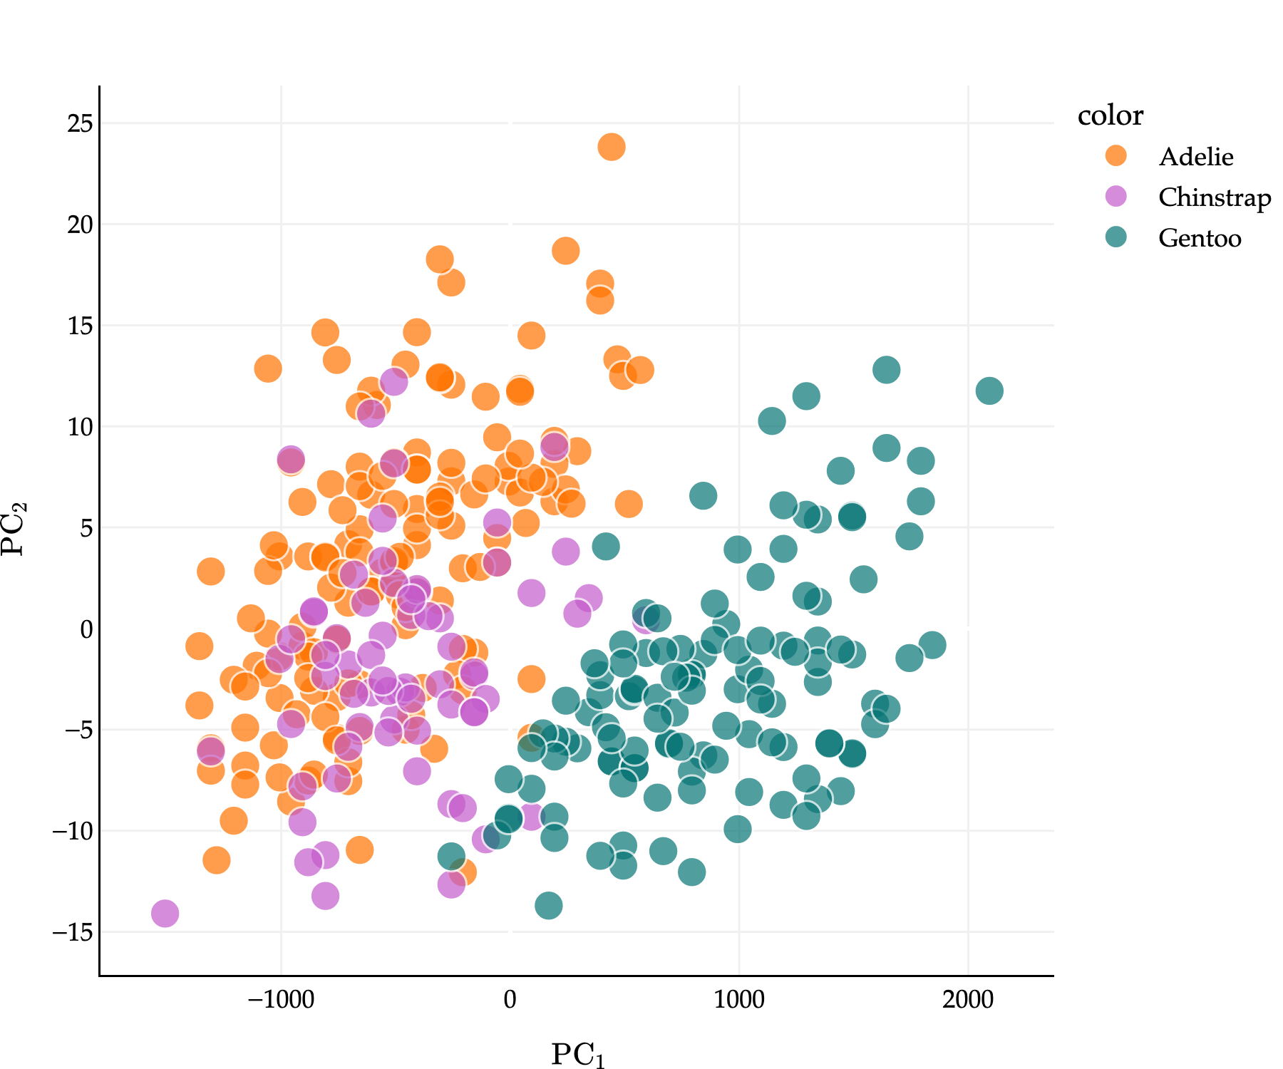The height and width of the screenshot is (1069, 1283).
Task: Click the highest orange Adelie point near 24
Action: pyautogui.click(x=612, y=147)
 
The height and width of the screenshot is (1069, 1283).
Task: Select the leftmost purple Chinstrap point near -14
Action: pyautogui.click(x=165, y=913)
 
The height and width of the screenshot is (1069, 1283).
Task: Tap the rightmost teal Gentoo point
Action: pyautogui.click(x=989, y=391)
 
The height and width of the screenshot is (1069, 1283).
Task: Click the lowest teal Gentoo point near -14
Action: pyautogui.click(x=548, y=906)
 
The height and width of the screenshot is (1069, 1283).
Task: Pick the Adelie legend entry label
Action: pyautogui.click(x=1195, y=157)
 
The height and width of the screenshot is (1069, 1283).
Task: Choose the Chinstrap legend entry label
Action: pyautogui.click(x=1214, y=197)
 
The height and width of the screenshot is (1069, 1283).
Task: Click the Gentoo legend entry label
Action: pyautogui.click(x=1200, y=238)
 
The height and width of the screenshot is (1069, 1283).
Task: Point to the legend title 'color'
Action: pyautogui.click(x=1110, y=115)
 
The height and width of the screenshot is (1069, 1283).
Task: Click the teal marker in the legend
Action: pyautogui.click(x=1115, y=237)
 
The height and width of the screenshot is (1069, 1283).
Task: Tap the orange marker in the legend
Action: pyautogui.click(x=1115, y=156)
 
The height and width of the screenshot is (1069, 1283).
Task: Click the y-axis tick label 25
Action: pyautogui.click(x=80, y=124)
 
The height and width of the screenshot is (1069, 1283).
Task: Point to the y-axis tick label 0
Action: pyautogui.click(x=86, y=629)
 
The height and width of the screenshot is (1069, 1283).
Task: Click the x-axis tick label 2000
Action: pyautogui.click(x=968, y=1000)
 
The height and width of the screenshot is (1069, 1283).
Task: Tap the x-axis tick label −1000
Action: pyautogui.click(x=280, y=1000)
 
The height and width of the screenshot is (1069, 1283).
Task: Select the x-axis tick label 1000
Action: pyautogui.click(x=739, y=1000)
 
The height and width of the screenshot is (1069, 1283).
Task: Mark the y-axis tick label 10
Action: pyautogui.click(x=80, y=428)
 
